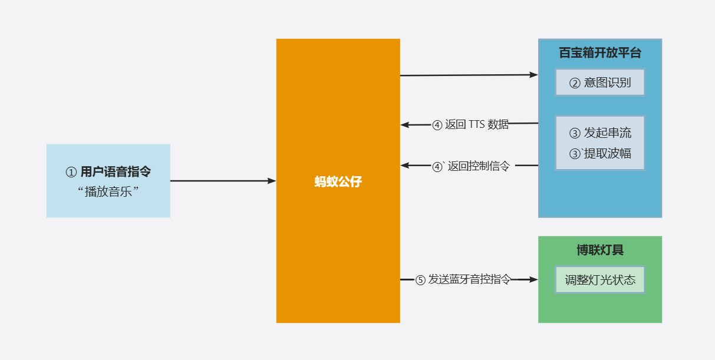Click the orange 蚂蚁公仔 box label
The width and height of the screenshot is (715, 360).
[x=338, y=181]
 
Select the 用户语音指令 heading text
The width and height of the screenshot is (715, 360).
[x=116, y=172]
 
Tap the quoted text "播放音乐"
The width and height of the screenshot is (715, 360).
[x=108, y=191]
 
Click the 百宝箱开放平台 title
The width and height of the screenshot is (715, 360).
[x=599, y=53]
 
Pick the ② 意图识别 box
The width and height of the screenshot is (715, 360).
[x=599, y=82]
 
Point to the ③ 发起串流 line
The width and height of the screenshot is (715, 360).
[x=599, y=133]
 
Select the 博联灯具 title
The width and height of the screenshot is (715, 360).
[x=599, y=250]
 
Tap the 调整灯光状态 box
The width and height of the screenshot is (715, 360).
[x=599, y=280]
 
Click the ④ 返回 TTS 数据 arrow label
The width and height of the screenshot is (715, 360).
[x=470, y=124]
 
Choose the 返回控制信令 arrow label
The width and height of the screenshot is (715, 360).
[x=477, y=166]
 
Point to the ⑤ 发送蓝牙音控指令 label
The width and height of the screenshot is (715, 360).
[x=463, y=280]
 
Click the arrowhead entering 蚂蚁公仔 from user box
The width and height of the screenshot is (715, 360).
[x=272, y=181]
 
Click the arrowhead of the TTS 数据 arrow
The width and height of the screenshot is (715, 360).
[x=405, y=124]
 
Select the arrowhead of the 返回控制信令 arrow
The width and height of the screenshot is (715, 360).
[x=405, y=166]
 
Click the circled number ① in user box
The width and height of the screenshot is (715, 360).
[x=71, y=172]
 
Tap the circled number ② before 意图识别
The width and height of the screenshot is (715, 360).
[x=575, y=83]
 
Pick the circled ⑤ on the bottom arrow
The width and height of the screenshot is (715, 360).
[x=420, y=280]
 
